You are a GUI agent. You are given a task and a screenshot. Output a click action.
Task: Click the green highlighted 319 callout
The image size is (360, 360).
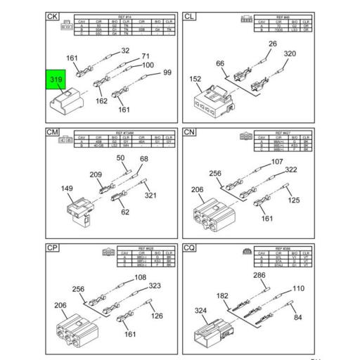coord(56,81)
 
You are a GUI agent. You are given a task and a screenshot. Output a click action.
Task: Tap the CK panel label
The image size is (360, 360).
coord(53,15)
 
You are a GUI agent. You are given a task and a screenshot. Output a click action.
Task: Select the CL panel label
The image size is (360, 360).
coord(189,15)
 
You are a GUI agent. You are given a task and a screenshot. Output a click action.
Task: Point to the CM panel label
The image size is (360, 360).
coord(53,131)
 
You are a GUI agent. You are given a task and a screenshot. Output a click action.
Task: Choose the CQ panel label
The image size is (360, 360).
coord(189,247)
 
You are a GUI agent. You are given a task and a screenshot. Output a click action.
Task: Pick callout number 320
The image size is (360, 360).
coord(290,53)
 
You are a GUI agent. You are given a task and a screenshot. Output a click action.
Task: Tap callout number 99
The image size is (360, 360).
coord(167,72)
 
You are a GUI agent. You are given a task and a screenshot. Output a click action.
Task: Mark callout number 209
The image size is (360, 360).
coord(96,174)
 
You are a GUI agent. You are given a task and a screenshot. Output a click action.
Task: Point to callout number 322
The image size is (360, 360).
coord(291,169)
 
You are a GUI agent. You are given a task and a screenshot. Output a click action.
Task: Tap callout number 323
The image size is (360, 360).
coord(154,285)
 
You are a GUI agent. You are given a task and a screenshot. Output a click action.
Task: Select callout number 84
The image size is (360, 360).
coord(297,317)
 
